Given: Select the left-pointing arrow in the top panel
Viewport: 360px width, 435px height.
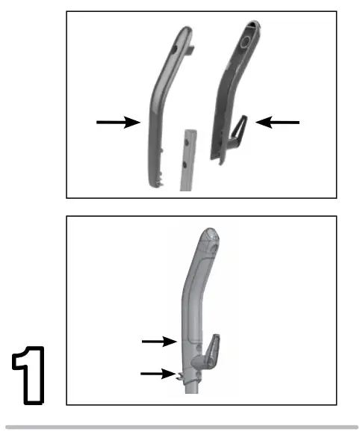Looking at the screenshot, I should (278, 121).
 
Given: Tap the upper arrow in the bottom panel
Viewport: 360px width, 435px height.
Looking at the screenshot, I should (159, 341).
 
